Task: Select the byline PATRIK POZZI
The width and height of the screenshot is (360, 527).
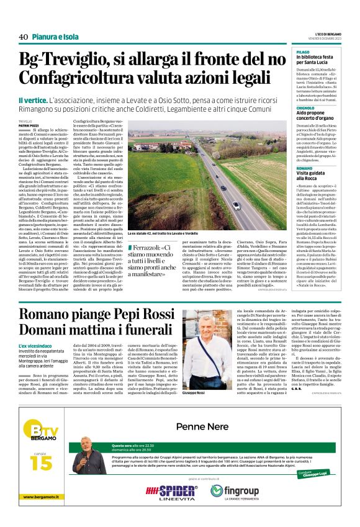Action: (x=28, y=125)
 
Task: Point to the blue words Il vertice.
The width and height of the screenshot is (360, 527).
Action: (x=32, y=100)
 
